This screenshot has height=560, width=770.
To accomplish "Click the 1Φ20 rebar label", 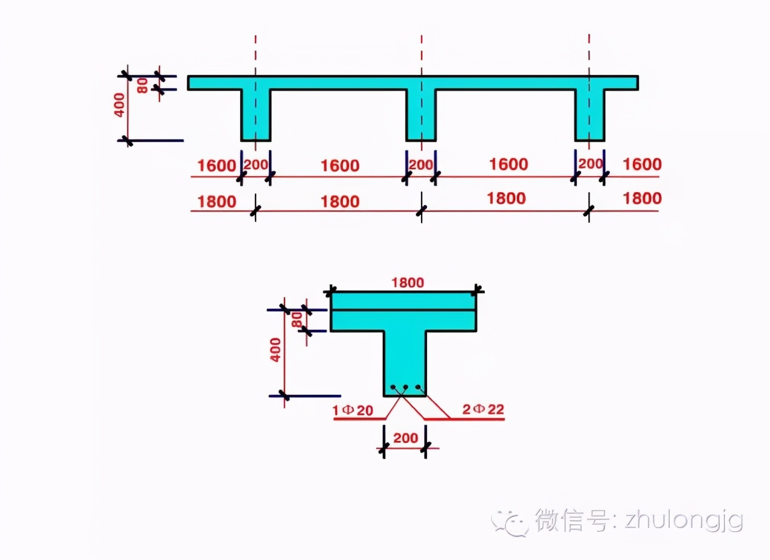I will click(x=353, y=411).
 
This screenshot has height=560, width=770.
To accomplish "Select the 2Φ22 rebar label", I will click(x=483, y=410).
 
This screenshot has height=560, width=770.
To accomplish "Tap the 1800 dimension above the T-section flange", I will click(x=407, y=282).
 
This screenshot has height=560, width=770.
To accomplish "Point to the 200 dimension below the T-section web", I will click(x=405, y=438).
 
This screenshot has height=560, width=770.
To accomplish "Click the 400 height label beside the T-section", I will click(x=276, y=349).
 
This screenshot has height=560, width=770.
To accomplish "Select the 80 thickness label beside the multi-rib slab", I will click(x=143, y=85).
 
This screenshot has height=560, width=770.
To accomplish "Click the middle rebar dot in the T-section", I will click(x=405, y=388).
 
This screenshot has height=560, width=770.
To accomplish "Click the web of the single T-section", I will click(x=404, y=361).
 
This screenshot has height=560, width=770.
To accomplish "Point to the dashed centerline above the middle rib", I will click(x=421, y=54).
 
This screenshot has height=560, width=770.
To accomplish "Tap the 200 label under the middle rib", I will click(x=420, y=165).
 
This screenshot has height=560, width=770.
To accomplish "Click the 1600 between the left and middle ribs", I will click(x=340, y=165).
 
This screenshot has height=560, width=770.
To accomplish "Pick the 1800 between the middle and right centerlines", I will click(x=505, y=199).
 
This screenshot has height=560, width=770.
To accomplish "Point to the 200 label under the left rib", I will click(x=256, y=165).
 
